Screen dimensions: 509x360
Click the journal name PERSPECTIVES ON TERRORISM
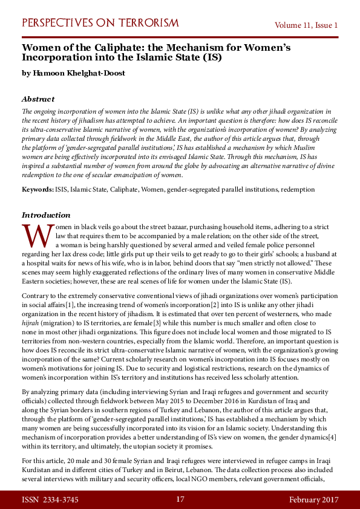[x=100, y=24]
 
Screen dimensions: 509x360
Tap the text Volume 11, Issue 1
[x=306, y=25]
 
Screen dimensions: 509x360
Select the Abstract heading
[x=38, y=99]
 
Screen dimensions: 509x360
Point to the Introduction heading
[x=46, y=215]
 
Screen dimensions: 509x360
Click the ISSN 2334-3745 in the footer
[x=50, y=499]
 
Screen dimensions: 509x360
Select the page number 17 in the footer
[x=180, y=499]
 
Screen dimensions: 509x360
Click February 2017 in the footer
[x=313, y=499]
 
